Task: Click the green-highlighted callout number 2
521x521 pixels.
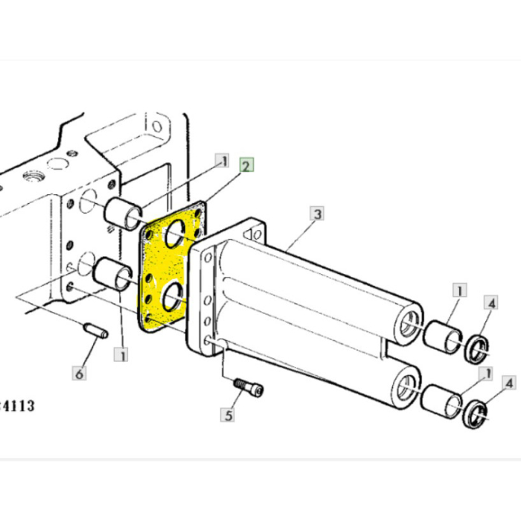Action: (x=246, y=165)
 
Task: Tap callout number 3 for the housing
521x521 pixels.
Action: (x=317, y=214)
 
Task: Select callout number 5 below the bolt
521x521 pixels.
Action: (x=229, y=415)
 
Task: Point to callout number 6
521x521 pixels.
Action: (x=79, y=372)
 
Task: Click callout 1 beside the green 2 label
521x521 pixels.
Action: (x=221, y=160)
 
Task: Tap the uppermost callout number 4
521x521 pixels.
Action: (x=490, y=302)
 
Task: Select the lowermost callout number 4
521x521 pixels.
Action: (x=509, y=383)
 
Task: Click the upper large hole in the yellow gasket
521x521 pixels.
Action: (x=176, y=236)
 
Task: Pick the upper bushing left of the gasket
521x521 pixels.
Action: (x=124, y=212)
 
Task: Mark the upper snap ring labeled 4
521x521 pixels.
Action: (x=476, y=348)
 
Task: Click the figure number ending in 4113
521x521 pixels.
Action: (x=17, y=406)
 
